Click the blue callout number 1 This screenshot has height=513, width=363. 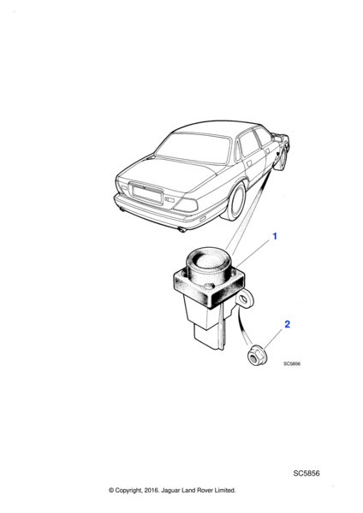[275, 236]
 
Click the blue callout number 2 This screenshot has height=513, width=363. [287, 324]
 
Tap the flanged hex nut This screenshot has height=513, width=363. [257, 356]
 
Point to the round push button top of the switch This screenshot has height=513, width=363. [209, 261]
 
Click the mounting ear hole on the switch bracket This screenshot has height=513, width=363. [244, 299]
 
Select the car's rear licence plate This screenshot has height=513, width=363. [146, 193]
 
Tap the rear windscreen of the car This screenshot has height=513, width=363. [194, 148]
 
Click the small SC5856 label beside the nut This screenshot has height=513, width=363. [292, 363]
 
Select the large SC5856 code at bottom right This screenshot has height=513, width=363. [306, 473]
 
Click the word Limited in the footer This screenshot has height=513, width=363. [225, 490]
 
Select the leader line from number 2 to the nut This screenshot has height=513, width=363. [273, 339]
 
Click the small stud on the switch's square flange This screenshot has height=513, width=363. [207, 287]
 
